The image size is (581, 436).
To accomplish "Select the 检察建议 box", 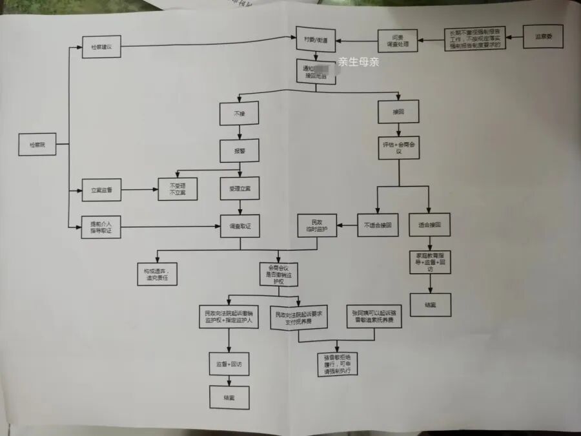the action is tap(101, 47).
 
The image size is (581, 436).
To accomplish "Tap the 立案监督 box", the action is tap(101, 190).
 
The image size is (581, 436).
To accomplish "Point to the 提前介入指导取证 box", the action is tap(101, 227).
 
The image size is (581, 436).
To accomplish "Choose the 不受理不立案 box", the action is tap(178, 189).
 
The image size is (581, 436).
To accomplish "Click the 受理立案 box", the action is tap(240, 188).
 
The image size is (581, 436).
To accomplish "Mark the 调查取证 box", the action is tap(240, 226).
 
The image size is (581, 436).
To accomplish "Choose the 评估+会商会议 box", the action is tap(398, 148).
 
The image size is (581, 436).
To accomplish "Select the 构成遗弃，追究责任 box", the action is tap(156, 274).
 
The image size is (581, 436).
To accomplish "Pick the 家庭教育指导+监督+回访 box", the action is tap(429, 262).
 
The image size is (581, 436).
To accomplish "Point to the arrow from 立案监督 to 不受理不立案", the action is tap(139, 190).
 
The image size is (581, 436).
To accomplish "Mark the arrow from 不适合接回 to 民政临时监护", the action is tap(347, 225).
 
